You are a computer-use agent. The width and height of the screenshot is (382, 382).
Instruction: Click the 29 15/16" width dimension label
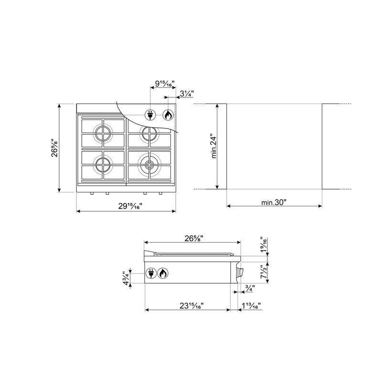130,206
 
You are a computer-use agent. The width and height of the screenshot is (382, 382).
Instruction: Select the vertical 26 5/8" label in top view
55,148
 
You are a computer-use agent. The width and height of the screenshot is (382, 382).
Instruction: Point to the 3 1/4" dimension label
187,93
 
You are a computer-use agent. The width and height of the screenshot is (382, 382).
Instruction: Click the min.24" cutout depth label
213,146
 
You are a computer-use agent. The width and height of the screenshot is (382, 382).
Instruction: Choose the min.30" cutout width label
274,202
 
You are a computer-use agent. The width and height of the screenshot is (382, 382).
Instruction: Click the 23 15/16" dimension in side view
191,306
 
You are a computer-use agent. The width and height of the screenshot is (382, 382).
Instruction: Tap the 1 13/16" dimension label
251,306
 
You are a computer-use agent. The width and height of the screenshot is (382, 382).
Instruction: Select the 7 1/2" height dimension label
264,272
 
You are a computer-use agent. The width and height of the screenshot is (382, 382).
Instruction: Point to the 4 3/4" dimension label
127,278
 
